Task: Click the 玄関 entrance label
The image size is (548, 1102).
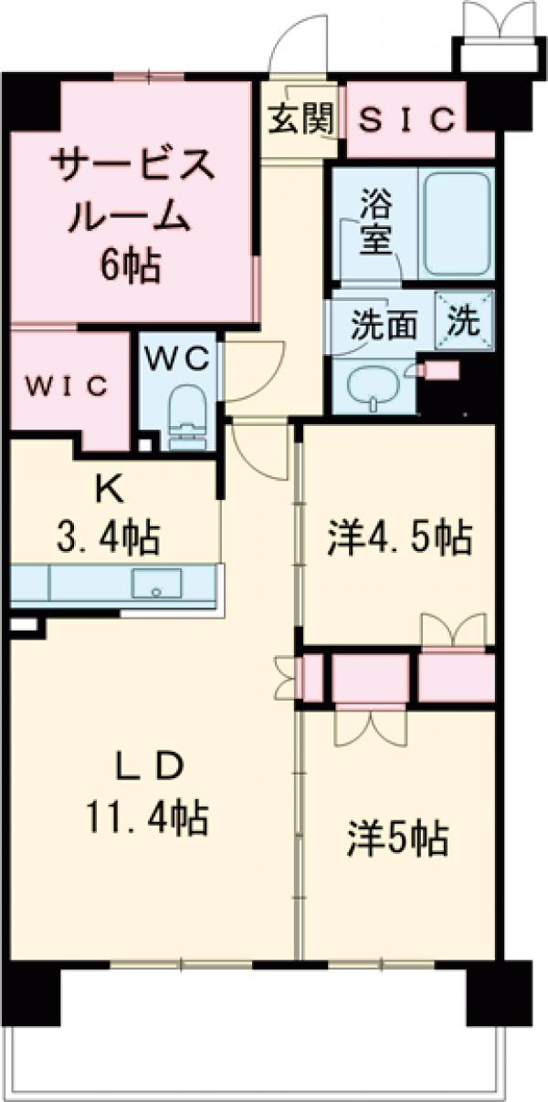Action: [x=300, y=119]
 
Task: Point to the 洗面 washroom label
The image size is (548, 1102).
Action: [x=385, y=324]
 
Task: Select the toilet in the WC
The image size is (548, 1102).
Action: [x=187, y=415]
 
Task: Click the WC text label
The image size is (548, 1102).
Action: [x=179, y=358]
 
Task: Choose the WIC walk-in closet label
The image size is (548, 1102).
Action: [x=67, y=385]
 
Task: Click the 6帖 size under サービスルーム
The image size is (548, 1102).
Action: [x=132, y=266]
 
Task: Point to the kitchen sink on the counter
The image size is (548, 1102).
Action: [x=156, y=583]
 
